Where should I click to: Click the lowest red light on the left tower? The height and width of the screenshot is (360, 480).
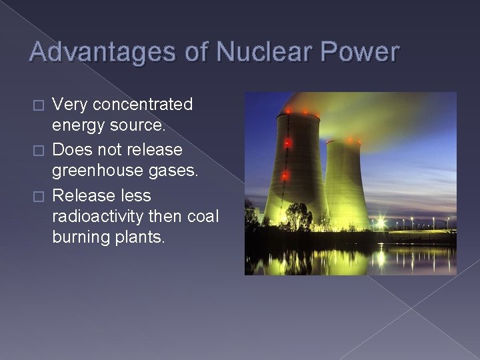click(x=285, y=176)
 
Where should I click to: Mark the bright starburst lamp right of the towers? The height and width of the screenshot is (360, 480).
click(x=381, y=222)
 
